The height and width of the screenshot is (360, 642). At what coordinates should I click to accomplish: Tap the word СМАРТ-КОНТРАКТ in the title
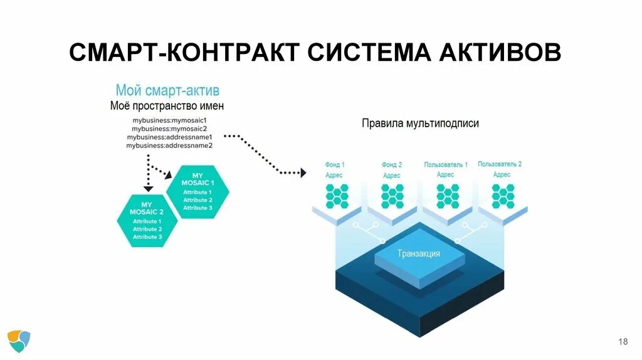(184, 53)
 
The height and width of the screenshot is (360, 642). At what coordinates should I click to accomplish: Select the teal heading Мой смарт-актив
(167, 91)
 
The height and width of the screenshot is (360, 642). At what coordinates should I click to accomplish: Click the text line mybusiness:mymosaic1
(169, 119)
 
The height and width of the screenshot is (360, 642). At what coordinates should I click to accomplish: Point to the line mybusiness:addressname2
(169, 146)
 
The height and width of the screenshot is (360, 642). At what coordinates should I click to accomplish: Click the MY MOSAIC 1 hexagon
(197, 191)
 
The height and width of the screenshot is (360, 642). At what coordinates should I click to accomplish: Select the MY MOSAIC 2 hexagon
(147, 220)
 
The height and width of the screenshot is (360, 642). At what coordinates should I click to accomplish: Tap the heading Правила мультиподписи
(420, 124)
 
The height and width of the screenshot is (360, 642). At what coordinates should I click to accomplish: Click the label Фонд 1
(335, 165)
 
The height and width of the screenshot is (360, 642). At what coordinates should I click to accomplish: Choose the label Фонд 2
(392, 165)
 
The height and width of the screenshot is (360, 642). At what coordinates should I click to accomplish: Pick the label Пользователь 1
(446, 165)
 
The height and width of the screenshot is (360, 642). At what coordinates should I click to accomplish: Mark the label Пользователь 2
(500, 164)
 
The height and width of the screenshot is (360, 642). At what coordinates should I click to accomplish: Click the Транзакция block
(419, 254)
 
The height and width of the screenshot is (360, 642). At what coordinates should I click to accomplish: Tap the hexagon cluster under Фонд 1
(337, 196)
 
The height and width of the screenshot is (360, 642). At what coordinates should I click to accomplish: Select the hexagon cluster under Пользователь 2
(503, 196)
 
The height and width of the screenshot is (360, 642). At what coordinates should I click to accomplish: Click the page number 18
(623, 342)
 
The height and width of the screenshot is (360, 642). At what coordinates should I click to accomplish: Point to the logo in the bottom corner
(19, 341)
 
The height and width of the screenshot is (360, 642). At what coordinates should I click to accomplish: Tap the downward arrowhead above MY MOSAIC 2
(148, 188)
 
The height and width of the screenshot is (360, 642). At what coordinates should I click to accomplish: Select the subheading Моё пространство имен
(167, 106)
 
